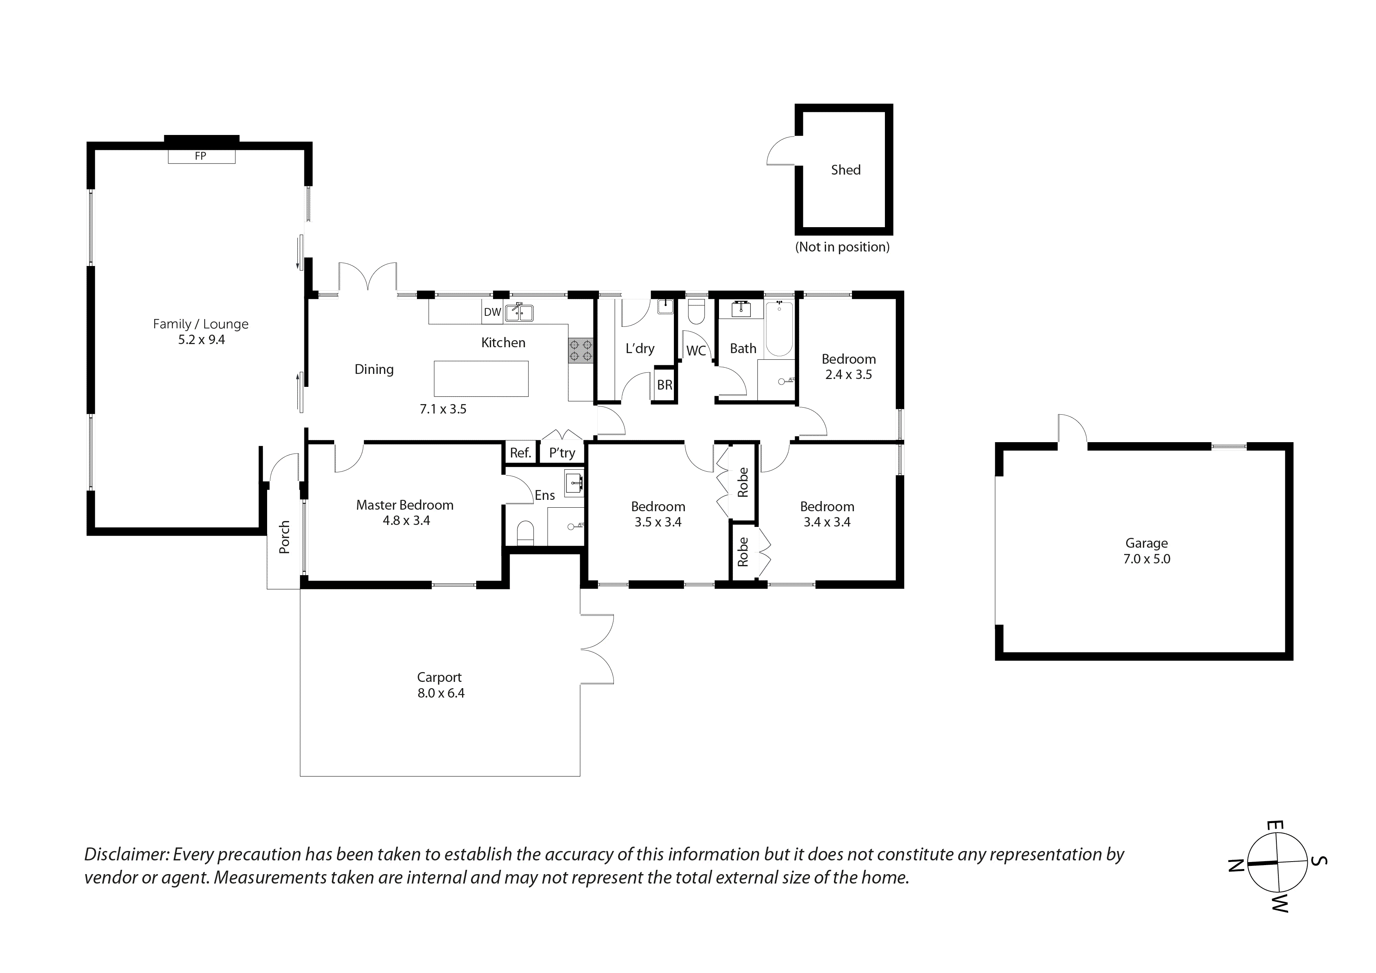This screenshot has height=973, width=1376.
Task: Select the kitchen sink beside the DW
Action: (519, 312)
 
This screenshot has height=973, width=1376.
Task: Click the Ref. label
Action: (520, 453)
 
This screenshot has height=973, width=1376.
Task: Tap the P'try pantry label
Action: (562, 453)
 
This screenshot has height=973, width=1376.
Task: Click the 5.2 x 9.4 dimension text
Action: (201, 340)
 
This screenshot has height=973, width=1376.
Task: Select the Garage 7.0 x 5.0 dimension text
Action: (1147, 559)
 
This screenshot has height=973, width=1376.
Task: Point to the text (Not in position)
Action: (842, 247)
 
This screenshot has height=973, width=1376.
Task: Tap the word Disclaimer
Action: (126, 854)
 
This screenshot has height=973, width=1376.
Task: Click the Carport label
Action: (439, 678)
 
